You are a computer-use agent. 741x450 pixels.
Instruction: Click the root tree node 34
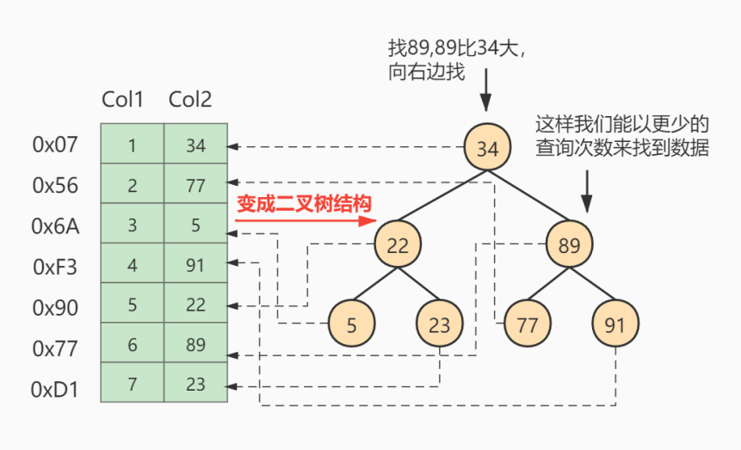pos(487,148)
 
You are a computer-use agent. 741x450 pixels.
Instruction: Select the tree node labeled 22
pos(397,245)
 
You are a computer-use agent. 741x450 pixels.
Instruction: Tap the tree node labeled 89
pos(569,245)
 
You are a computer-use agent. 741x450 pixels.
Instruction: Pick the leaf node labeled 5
pos(351,324)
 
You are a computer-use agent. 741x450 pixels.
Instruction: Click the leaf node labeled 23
pos(439,324)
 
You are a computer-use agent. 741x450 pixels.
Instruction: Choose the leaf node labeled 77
pos(527,324)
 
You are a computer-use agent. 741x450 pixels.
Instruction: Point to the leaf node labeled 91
pos(614,324)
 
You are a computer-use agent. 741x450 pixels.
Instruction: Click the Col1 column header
pos(122,100)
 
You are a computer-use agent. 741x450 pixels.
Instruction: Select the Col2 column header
pos(190,100)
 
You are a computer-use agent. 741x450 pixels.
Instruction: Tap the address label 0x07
pos(56,144)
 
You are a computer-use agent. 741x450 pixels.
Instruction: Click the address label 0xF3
pos(56,267)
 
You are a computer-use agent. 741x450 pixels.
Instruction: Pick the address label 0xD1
pos(56,390)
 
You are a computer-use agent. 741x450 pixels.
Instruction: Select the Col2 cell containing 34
pos(195,145)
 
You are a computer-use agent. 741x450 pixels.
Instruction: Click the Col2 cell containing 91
pos(195,264)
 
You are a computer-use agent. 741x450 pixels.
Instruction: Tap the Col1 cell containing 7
pos(132,383)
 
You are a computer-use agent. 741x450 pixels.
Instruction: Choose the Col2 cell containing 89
pos(195,343)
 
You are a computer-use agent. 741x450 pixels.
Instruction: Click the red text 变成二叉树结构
pos(304,205)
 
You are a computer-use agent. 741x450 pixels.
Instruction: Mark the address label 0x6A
pos(56,226)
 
